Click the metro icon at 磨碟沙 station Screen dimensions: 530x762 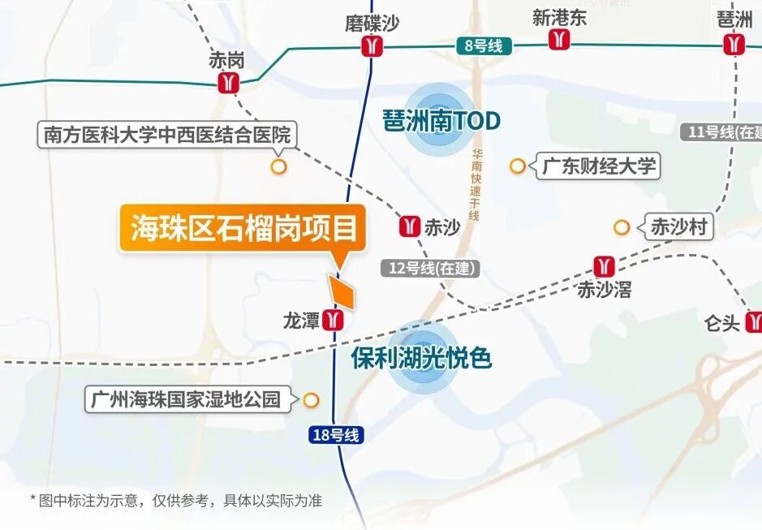(372, 47)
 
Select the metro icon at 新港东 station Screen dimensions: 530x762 (559, 39)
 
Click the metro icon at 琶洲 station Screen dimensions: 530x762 (735, 44)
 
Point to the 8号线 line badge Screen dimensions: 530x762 (484, 45)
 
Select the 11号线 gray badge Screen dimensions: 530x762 (722, 132)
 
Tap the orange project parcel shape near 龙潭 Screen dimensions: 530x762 (342, 292)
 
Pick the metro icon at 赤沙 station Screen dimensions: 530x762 (410, 227)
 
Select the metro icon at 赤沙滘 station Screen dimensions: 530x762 (604, 265)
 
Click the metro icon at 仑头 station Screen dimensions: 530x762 (752, 321)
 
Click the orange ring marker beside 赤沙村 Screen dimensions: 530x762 (622, 227)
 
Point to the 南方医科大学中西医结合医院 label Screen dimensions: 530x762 (167, 134)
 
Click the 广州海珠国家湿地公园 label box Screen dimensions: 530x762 (187, 399)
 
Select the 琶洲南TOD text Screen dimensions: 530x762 (441, 122)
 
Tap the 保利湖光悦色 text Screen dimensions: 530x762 (422, 358)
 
